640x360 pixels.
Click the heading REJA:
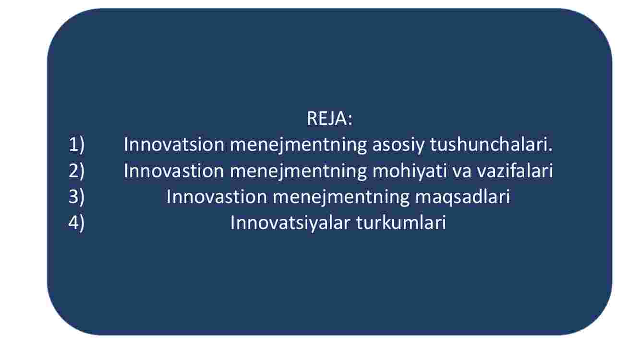(329, 118)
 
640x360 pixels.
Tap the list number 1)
(76, 144)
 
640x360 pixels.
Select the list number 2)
(76, 170)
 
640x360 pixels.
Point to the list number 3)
(76, 197)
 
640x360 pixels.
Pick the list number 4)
(76, 223)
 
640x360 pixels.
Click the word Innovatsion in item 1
(174, 144)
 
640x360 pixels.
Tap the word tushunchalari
(492, 144)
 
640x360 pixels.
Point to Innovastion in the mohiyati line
(174, 170)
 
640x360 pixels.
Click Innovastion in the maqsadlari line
(216, 197)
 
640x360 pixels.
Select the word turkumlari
(401, 222)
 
